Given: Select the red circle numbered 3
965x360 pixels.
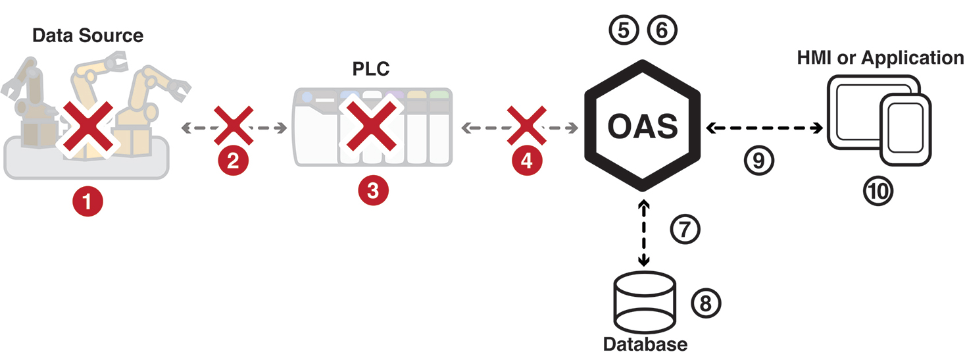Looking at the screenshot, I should [373, 192].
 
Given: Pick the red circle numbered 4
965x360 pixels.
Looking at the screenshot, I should [526, 162].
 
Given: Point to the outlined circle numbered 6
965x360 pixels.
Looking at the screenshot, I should [661, 30].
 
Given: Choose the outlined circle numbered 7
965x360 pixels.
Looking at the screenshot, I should [685, 229].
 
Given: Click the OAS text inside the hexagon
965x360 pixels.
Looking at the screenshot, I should [643, 126].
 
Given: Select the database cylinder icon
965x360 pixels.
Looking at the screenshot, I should [643, 303].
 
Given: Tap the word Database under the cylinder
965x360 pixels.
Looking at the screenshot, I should [645, 344].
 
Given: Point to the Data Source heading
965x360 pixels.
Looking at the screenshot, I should [87, 35].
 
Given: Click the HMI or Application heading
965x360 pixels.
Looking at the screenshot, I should [880, 58].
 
